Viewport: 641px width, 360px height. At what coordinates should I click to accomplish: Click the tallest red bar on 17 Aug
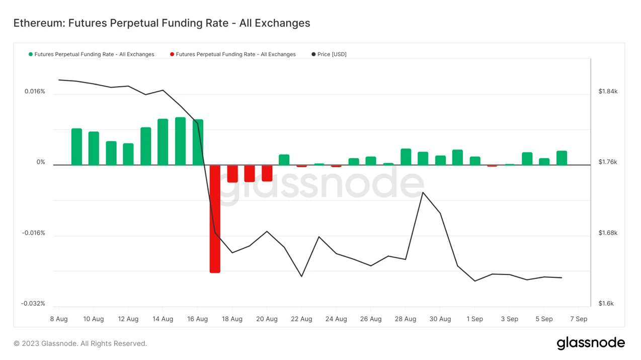215,219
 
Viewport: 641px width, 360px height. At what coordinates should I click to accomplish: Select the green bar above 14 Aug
163,142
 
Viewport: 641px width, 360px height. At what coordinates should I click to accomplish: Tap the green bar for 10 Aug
94,149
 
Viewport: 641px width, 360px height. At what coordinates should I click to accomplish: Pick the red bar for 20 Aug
267,173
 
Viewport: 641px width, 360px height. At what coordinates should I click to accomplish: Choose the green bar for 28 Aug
406,157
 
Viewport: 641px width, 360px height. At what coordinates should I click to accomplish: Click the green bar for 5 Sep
544,162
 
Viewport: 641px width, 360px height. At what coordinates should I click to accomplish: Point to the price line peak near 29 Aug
423,192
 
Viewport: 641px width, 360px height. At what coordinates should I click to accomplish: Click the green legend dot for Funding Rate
31,54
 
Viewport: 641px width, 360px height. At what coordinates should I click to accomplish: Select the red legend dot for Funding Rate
172,54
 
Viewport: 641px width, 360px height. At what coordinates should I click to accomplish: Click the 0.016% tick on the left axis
35,92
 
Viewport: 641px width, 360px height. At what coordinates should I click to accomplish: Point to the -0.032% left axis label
33,304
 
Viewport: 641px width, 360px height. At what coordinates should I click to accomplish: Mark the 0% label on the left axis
40,162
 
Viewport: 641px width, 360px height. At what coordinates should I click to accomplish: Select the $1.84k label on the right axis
608,92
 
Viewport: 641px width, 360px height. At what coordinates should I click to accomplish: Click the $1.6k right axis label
606,304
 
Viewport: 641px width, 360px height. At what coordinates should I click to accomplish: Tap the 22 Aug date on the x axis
301,319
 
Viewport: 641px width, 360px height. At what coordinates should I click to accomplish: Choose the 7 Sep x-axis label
579,319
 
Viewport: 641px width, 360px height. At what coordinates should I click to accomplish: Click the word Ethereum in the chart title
38,23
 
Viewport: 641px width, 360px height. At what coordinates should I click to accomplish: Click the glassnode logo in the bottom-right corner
591,343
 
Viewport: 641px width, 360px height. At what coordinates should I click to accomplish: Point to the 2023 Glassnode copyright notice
80,344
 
